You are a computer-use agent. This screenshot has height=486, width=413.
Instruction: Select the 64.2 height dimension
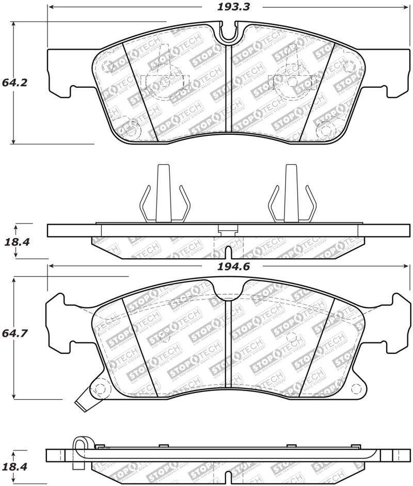[x=14, y=82]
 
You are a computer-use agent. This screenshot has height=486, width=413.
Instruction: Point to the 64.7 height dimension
[x=14, y=334]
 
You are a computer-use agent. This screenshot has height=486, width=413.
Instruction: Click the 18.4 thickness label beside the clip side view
[x=16, y=241]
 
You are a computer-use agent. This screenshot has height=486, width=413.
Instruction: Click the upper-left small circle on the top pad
[x=107, y=67]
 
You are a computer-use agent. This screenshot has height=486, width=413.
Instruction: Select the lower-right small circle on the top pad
[x=326, y=129]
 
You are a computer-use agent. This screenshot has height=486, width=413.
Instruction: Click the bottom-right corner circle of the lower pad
[x=356, y=388]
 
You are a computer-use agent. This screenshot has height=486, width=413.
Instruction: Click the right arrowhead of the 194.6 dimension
[x=407, y=266]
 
